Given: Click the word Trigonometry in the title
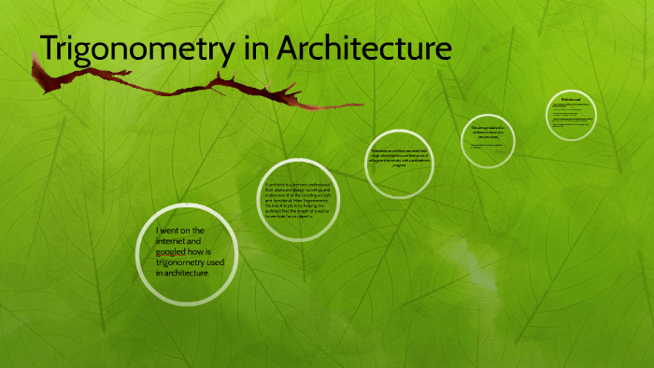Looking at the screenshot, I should [x=132, y=49].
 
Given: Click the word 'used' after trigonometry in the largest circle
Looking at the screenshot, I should [x=226, y=262].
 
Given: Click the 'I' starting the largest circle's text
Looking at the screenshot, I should [x=158, y=231].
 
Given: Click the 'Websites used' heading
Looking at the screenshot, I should [x=572, y=99].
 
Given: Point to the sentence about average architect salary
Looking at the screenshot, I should [x=489, y=132].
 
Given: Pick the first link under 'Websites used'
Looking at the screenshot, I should [x=571, y=107].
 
